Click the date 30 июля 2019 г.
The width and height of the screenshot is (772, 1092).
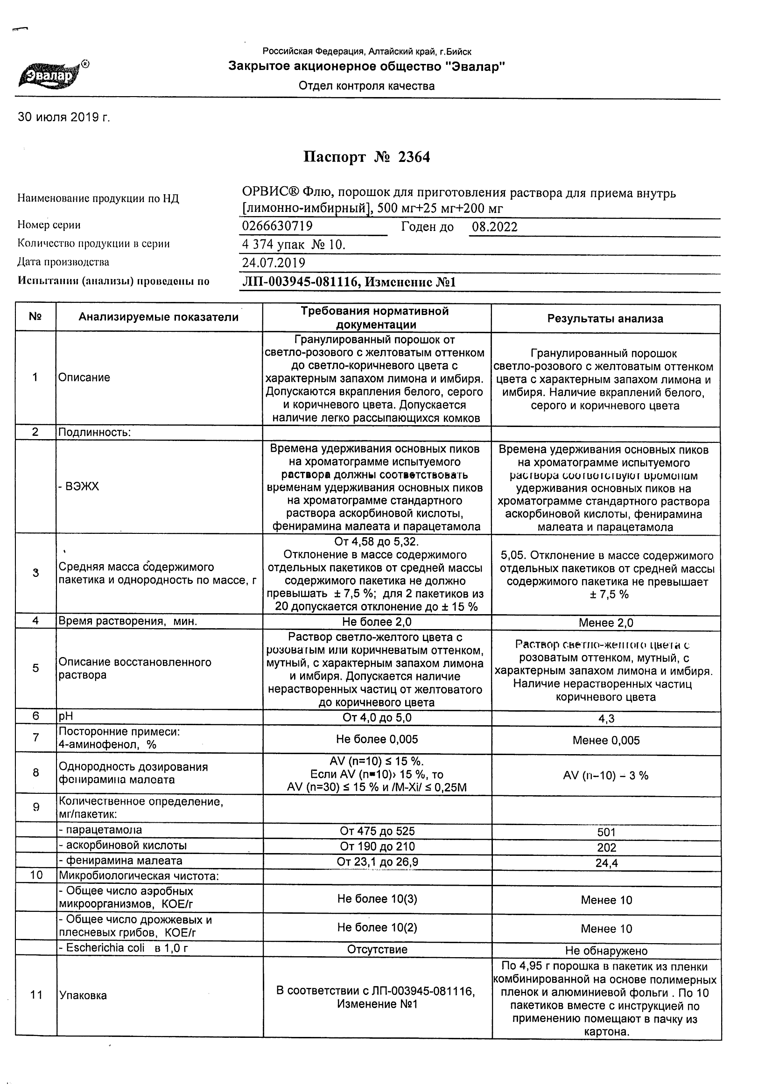tap(64, 118)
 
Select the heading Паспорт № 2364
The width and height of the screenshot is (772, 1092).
tap(366, 157)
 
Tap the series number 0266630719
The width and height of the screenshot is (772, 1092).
tap(277, 226)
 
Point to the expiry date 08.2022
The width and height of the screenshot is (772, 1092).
tap(494, 227)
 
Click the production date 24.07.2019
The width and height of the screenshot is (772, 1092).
tap(274, 263)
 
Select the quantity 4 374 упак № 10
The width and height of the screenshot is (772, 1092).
tap(294, 245)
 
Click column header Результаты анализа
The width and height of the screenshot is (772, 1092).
tap(605, 319)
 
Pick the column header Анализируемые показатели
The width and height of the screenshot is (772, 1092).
tap(158, 317)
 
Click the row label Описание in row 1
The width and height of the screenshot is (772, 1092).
tap(84, 378)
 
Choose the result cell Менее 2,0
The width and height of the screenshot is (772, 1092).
tap(606, 623)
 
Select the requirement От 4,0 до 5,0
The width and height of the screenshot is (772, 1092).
tap(377, 718)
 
